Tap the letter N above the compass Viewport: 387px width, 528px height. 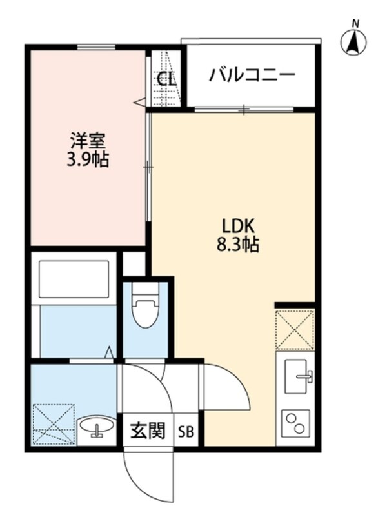pyautogui.click(x=354, y=23)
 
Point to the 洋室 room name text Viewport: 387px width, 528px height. pyautogui.click(x=86, y=140)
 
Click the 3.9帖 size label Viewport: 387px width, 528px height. pyautogui.click(x=87, y=159)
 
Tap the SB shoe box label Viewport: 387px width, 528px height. pyautogui.click(x=186, y=431)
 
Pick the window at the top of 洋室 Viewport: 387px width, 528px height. pyautogui.click(x=96, y=46)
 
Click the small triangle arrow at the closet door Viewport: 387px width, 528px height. pyautogui.click(x=139, y=101)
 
